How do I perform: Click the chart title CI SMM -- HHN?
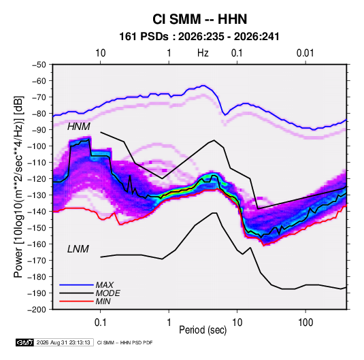click(x=199, y=19)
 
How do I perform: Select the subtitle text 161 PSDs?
click(x=144, y=37)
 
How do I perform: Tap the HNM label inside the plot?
click(x=79, y=127)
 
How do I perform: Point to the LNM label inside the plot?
click(x=78, y=249)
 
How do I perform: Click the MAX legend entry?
click(x=105, y=285)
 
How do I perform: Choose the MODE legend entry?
click(x=107, y=293)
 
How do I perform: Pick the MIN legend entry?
click(x=103, y=301)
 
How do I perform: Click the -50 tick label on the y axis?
click(x=39, y=65)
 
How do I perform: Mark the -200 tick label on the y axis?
click(x=37, y=310)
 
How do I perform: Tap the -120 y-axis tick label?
click(x=37, y=179)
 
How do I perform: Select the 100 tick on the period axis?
click(x=305, y=323)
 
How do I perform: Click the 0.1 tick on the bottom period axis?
click(x=100, y=323)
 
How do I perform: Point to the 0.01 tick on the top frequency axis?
click(x=305, y=53)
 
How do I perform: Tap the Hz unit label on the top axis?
click(x=203, y=53)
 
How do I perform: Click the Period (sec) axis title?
click(x=203, y=330)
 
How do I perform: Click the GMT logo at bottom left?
click(x=25, y=342)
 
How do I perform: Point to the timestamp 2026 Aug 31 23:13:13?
click(x=63, y=342)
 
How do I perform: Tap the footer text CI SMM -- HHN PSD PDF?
click(x=125, y=342)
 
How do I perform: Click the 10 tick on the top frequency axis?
click(x=101, y=53)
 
